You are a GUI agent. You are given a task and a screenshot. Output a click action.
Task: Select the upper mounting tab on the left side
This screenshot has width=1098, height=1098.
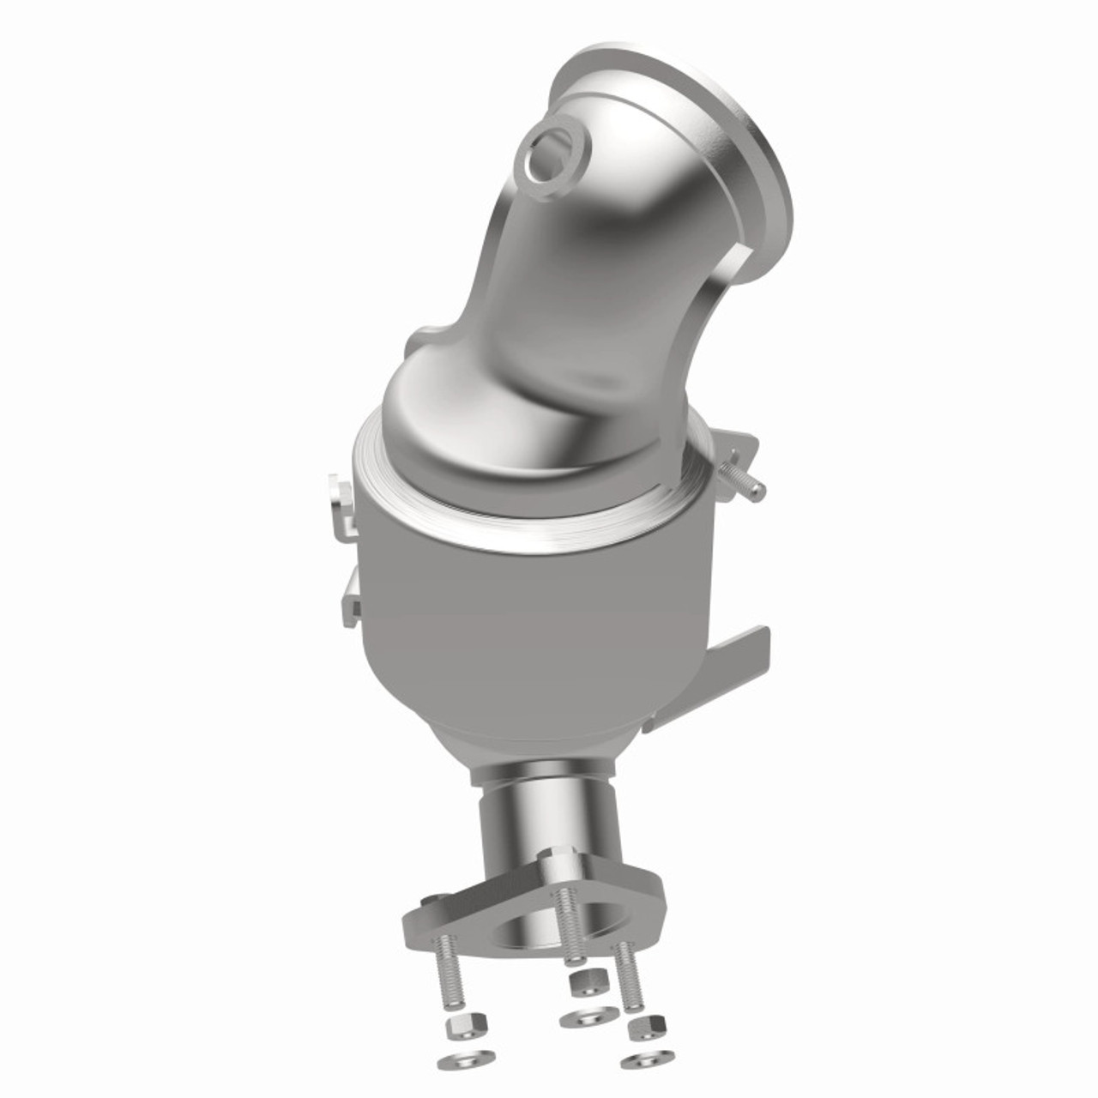coord(341,506)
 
